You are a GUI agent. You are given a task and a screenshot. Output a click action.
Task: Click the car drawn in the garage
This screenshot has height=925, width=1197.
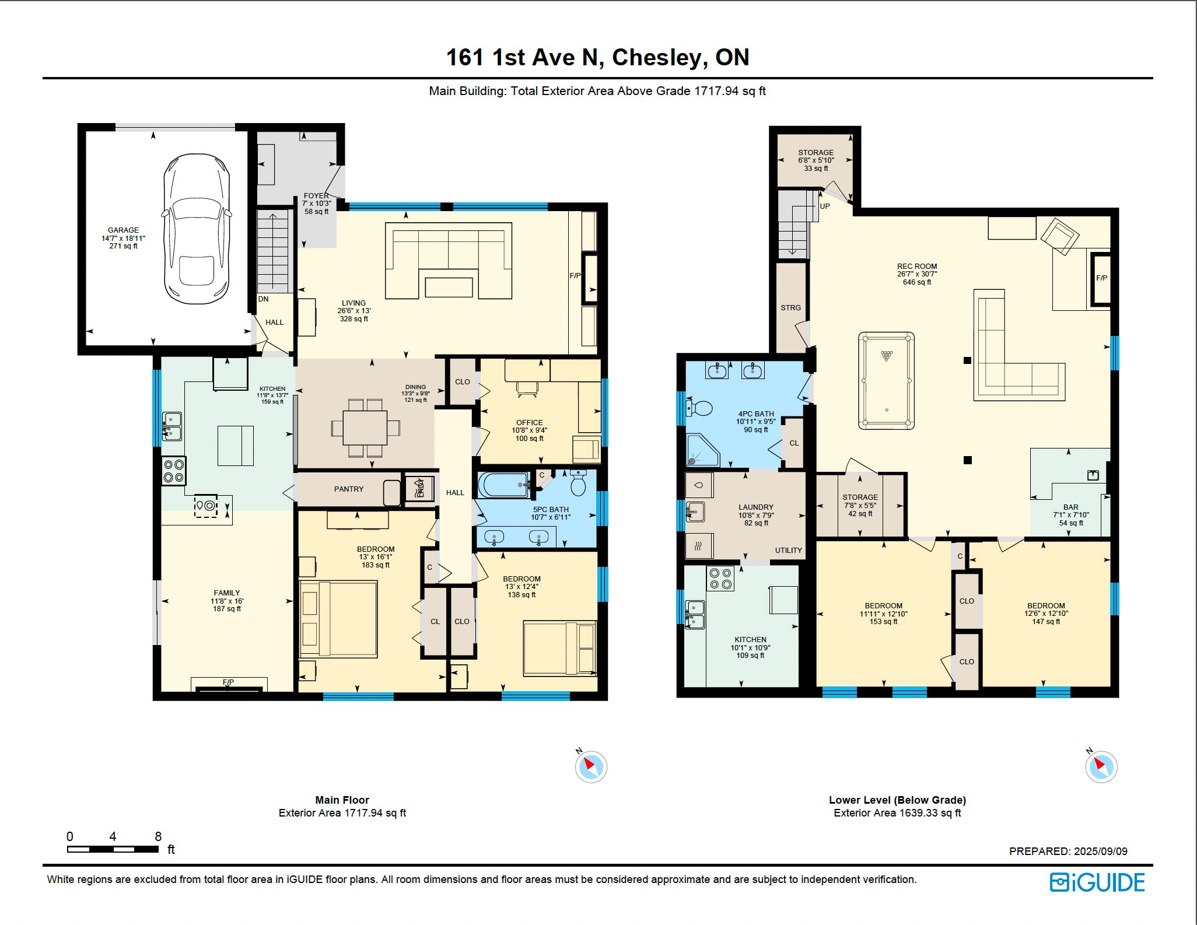coord(197,229)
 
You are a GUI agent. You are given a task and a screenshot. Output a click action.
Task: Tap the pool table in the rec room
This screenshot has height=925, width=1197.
coord(886,381)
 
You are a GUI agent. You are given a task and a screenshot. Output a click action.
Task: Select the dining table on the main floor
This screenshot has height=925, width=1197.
coord(365,428)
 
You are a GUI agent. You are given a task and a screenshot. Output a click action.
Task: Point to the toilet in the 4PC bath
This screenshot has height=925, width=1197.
coord(699,408)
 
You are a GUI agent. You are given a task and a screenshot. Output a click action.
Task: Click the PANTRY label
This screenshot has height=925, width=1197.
coord(349,489)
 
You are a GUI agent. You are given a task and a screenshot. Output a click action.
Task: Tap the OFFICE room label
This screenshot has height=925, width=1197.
coord(529,423)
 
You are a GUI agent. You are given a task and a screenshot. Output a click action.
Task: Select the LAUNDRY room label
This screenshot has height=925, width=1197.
coord(756,507)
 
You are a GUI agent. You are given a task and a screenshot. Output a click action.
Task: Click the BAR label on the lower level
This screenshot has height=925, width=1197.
coord(1071,507)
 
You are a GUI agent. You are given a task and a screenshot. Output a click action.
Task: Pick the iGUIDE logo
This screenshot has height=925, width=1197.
coord(1097,882)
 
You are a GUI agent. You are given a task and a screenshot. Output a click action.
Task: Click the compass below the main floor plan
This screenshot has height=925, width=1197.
coord(591,766)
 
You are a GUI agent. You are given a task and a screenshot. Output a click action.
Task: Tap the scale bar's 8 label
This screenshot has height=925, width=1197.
coord(158,836)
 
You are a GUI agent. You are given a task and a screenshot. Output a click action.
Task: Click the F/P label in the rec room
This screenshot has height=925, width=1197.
coord(1101,278)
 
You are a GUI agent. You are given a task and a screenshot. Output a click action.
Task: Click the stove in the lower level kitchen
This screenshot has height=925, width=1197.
coord(720,578)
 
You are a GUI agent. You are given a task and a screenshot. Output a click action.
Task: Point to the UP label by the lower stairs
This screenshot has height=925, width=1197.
coord(825,206)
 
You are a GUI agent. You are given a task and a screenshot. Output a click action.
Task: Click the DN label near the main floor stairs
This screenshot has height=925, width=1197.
coord(264,299)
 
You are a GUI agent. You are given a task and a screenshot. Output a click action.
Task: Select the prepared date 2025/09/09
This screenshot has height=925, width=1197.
coord(1101,852)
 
